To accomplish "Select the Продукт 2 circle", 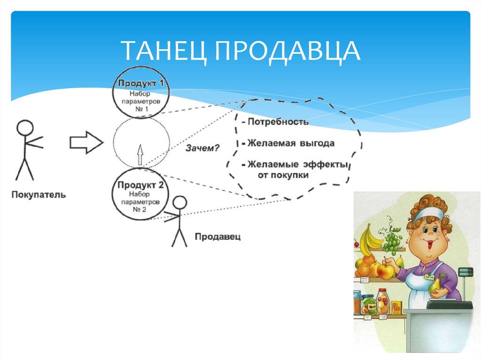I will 140,197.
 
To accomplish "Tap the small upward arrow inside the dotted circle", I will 139,154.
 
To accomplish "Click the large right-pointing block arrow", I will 85,142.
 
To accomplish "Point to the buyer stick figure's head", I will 25,128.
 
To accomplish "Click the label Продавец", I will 217,237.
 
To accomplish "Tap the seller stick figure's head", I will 179,203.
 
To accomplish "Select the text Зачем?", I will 202,148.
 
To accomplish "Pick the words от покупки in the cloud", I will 283,175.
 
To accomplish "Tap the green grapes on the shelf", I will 392,241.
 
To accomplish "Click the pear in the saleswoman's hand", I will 436,284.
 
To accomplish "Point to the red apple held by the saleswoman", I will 385,271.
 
